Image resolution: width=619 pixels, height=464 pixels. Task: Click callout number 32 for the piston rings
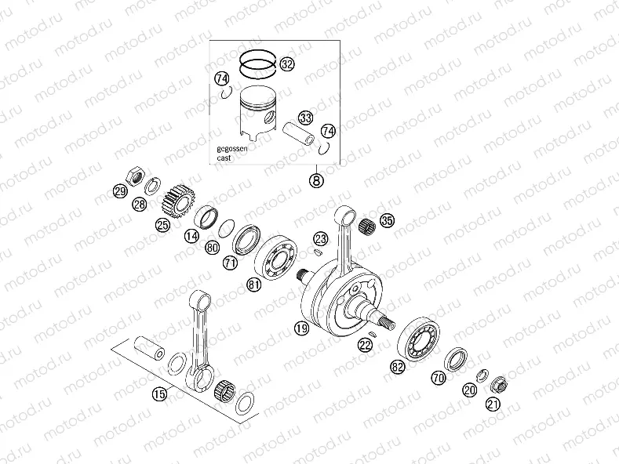click(287, 65)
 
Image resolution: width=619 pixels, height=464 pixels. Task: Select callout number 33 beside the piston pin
click(305, 118)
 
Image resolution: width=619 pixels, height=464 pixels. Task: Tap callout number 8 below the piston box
click(316, 181)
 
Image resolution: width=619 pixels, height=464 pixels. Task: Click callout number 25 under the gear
click(162, 226)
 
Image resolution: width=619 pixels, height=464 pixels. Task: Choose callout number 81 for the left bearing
click(253, 285)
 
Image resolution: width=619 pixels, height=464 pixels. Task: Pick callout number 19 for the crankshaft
click(301, 330)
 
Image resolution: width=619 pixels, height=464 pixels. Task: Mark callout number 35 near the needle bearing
click(386, 221)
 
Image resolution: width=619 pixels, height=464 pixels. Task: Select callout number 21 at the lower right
click(492, 404)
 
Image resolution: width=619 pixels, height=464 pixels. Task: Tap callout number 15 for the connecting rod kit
click(159, 394)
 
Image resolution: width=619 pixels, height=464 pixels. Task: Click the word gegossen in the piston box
click(233, 148)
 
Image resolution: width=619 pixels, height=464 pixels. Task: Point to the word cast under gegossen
click(224, 158)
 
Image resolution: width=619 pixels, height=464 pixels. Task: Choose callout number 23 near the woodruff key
click(320, 238)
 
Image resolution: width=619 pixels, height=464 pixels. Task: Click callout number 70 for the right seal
click(439, 378)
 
